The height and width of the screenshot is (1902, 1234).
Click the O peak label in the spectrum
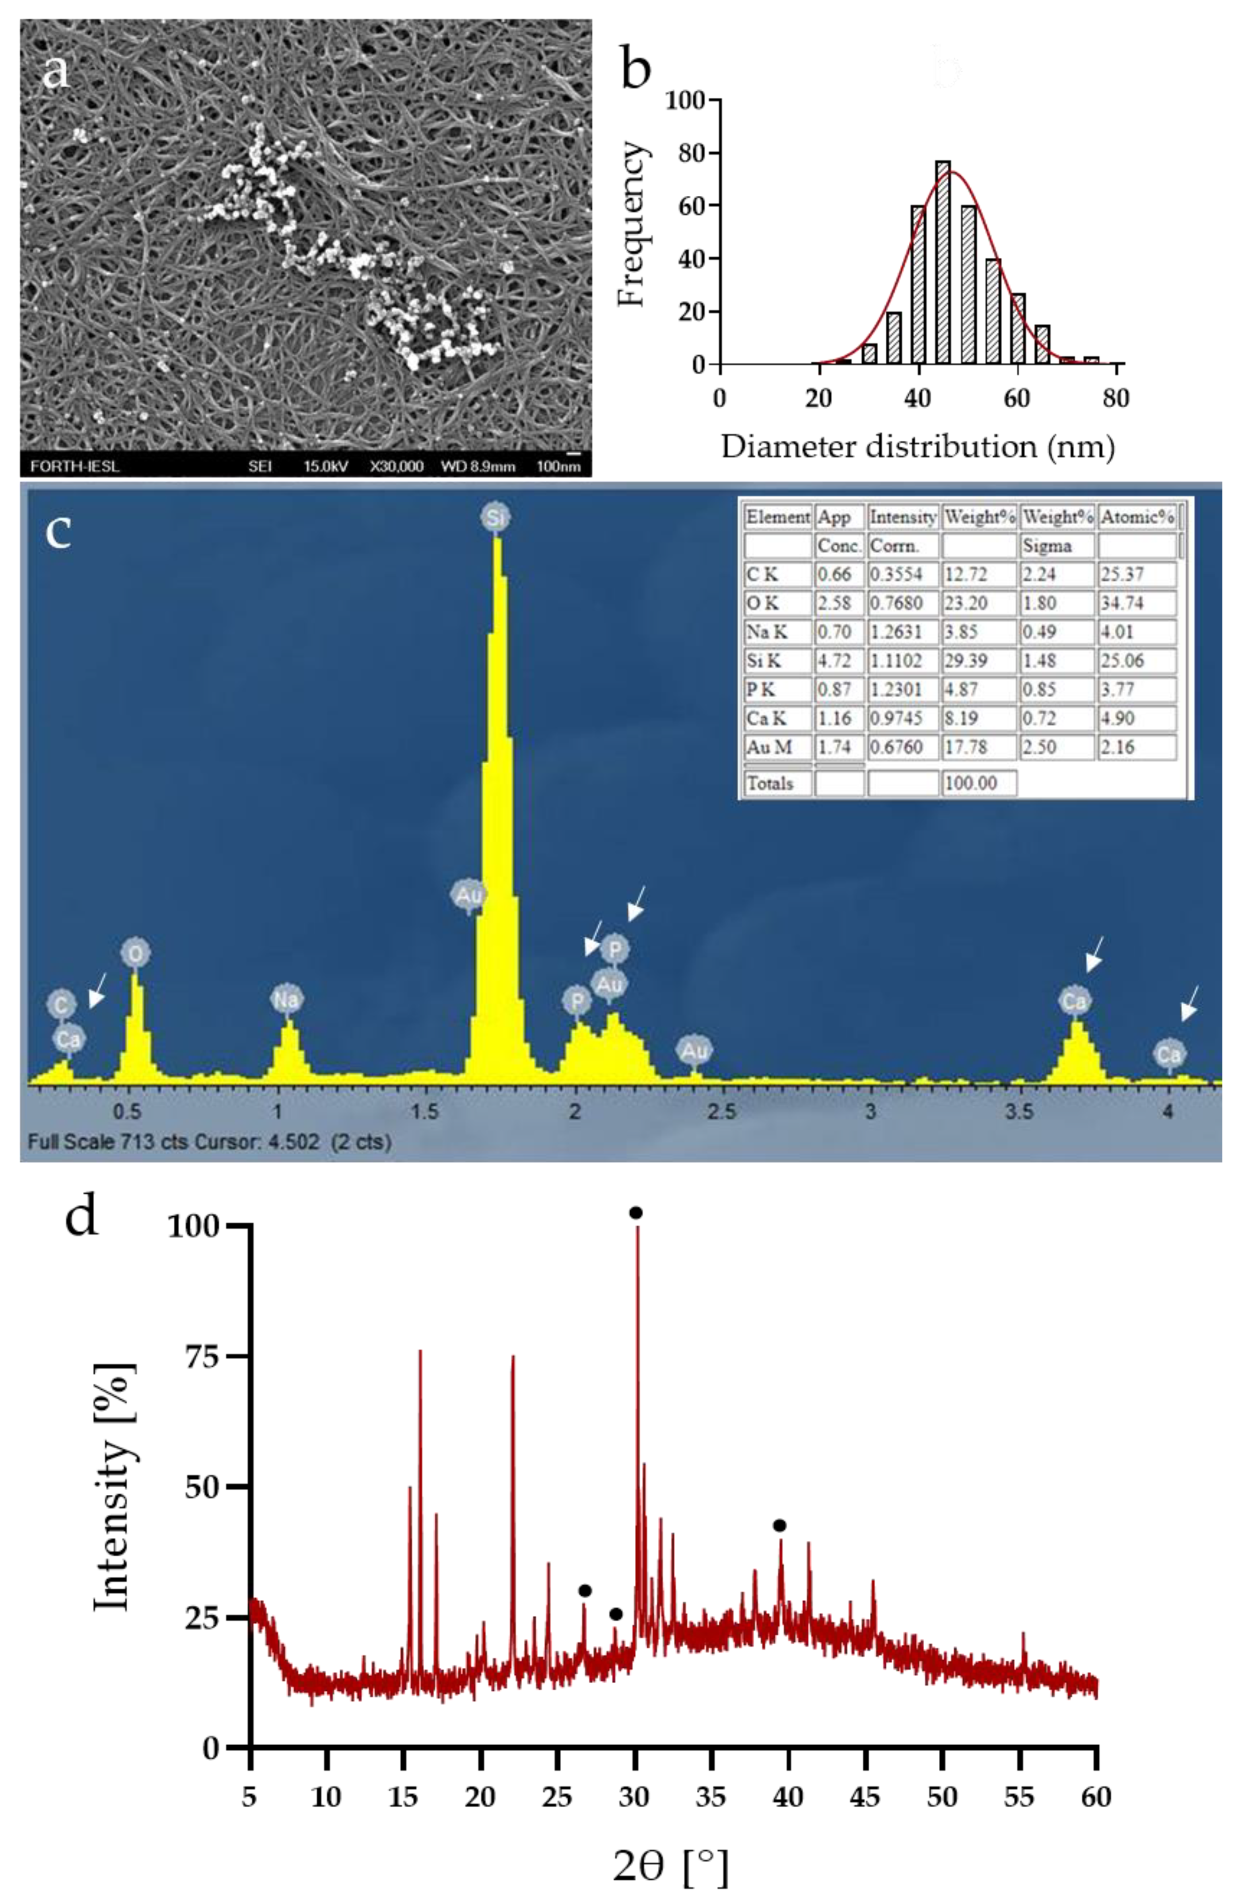tap(136, 953)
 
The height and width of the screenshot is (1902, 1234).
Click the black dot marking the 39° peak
tap(779, 1526)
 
